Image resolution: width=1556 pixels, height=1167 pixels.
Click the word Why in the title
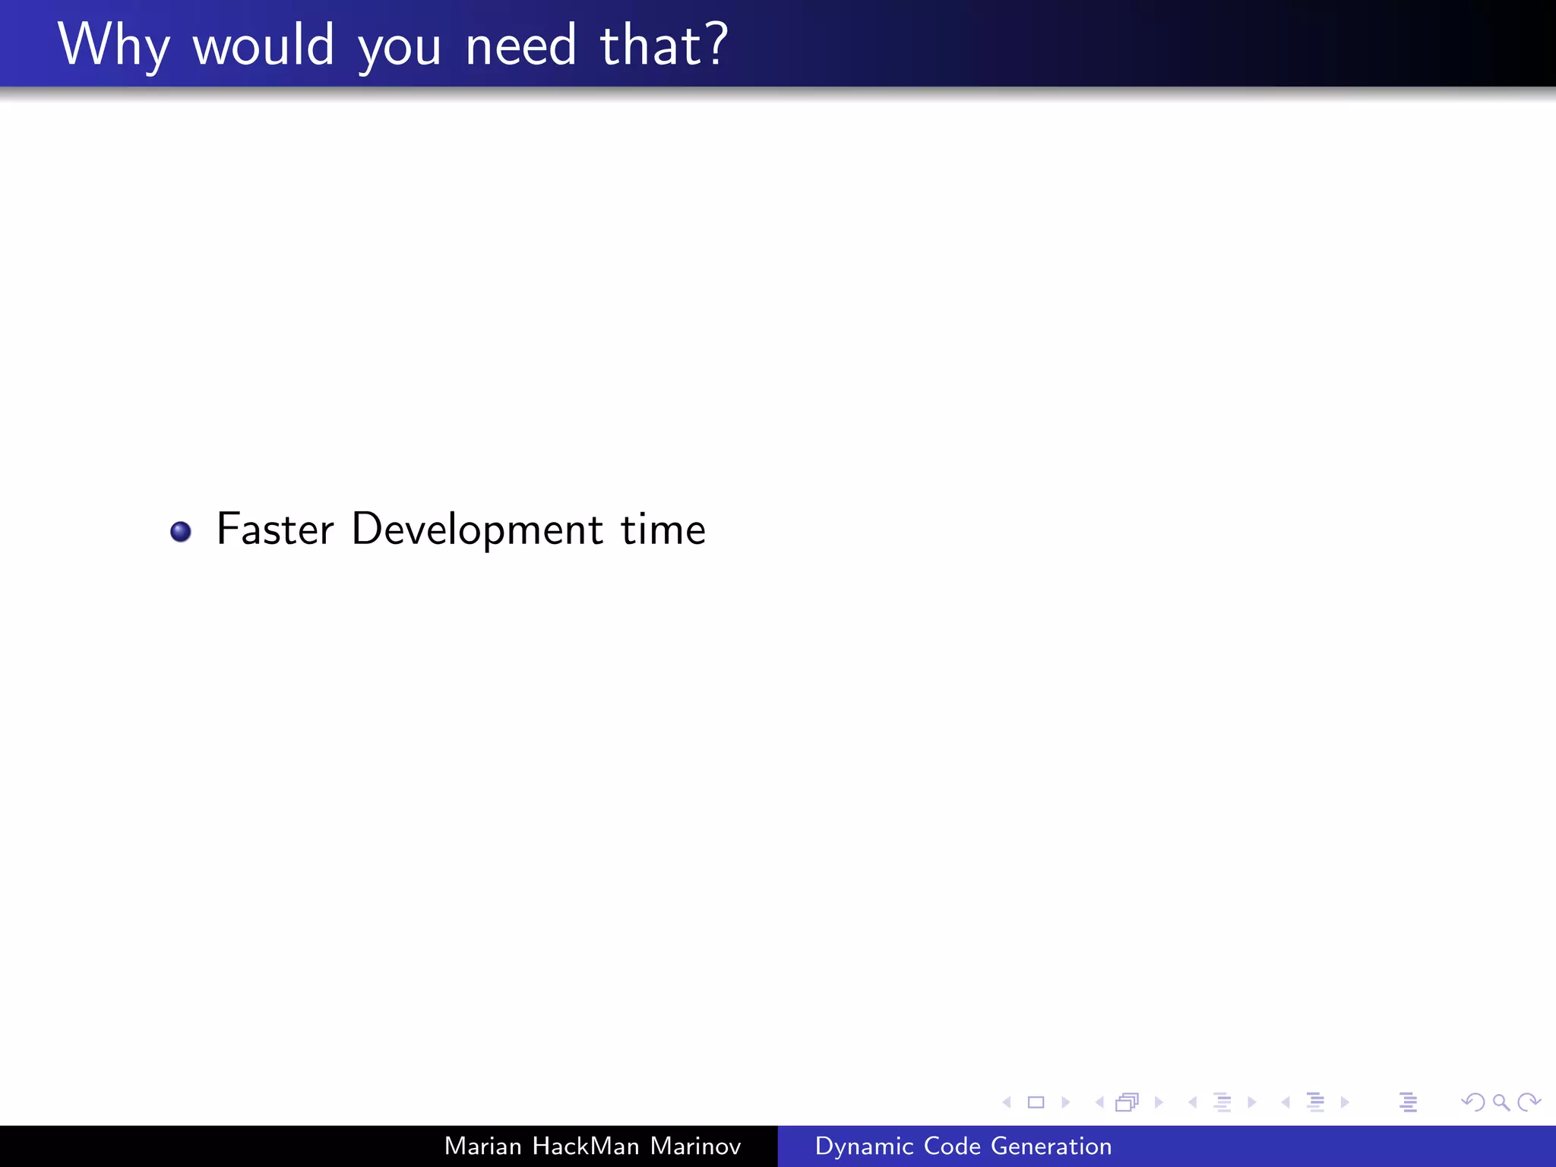(112, 46)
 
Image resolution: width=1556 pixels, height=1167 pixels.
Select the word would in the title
(263, 46)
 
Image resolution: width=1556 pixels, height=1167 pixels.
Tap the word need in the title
(520, 46)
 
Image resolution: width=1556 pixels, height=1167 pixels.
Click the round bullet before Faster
(181, 531)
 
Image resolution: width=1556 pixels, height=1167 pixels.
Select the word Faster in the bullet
(275, 529)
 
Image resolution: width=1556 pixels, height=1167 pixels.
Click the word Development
(477, 530)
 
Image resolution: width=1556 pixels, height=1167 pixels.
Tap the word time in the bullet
(663, 529)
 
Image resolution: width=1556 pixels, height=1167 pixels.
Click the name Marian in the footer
(482, 1146)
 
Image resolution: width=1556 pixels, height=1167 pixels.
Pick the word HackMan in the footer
(586, 1146)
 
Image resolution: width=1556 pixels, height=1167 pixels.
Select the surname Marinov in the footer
(695, 1146)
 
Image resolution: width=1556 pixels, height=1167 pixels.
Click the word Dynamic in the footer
(865, 1146)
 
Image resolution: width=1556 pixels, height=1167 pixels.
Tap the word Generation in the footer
(1052, 1146)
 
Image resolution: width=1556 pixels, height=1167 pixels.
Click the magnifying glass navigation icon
(1501, 1102)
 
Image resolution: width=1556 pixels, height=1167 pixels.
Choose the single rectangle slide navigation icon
(1036, 1102)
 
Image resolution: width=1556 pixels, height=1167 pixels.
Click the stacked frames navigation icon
(1127, 1102)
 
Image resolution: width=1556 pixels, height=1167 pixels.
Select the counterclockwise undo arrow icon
(1473, 1102)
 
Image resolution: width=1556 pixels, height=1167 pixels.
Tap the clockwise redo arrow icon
(1528, 1102)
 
